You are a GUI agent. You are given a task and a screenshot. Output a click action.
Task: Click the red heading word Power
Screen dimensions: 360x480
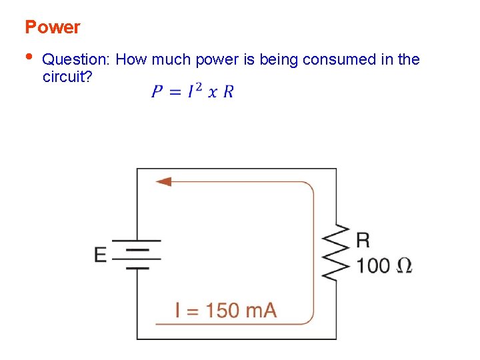pos(52,27)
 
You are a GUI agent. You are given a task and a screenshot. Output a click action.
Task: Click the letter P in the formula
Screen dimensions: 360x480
pos(157,91)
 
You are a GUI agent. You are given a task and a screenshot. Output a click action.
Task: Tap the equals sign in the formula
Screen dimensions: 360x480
pos(175,91)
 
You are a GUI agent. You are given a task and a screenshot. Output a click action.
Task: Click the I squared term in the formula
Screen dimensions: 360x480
pos(194,91)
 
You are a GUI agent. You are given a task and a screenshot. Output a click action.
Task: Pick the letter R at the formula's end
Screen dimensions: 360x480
pos(228,91)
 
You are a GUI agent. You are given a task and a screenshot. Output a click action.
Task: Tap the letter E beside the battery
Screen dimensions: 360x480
pos(101,255)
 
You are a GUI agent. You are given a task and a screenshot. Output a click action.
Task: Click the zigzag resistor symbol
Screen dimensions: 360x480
pos(337,254)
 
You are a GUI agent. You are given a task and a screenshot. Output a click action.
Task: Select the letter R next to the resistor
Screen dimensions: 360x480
pos(363,240)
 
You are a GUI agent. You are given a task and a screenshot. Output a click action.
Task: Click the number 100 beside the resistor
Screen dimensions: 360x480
pos(373,265)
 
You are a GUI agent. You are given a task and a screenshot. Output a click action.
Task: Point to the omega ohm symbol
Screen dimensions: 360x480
pos(404,265)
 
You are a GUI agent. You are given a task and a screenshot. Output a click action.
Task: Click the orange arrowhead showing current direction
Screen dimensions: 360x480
pos(163,181)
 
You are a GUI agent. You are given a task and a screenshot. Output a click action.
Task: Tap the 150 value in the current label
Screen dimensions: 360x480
pos(225,310)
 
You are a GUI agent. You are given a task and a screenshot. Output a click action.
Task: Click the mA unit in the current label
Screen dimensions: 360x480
pos(262,310)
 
